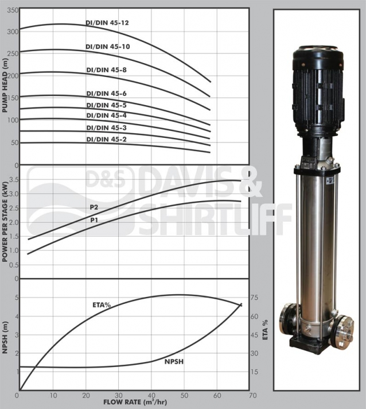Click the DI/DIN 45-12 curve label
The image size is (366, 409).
click(x=107, y=23)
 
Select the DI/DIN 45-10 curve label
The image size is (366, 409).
click(x=108, y=47)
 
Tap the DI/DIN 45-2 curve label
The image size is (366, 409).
click(x=106, y=139)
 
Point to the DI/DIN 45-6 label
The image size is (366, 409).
click(x=106, y=94)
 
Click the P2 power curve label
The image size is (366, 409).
click(x=94, y=207)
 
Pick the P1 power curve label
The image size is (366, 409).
click(x=94, y=220)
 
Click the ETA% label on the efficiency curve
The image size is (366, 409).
click(x=102, y=304)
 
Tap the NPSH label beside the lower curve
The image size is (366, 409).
click(x=174, y=361)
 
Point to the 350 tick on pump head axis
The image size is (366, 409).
click(x=13, y=10)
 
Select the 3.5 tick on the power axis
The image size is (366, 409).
click(x=14, y=179)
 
